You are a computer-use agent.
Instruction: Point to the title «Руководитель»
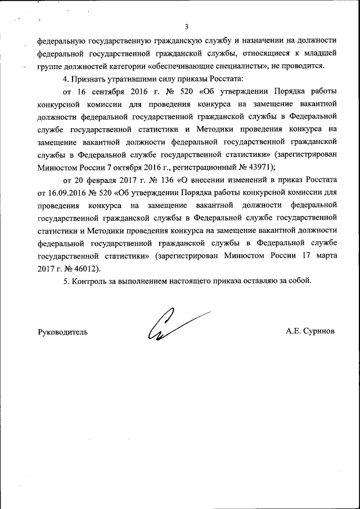click(x=62, y=332)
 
